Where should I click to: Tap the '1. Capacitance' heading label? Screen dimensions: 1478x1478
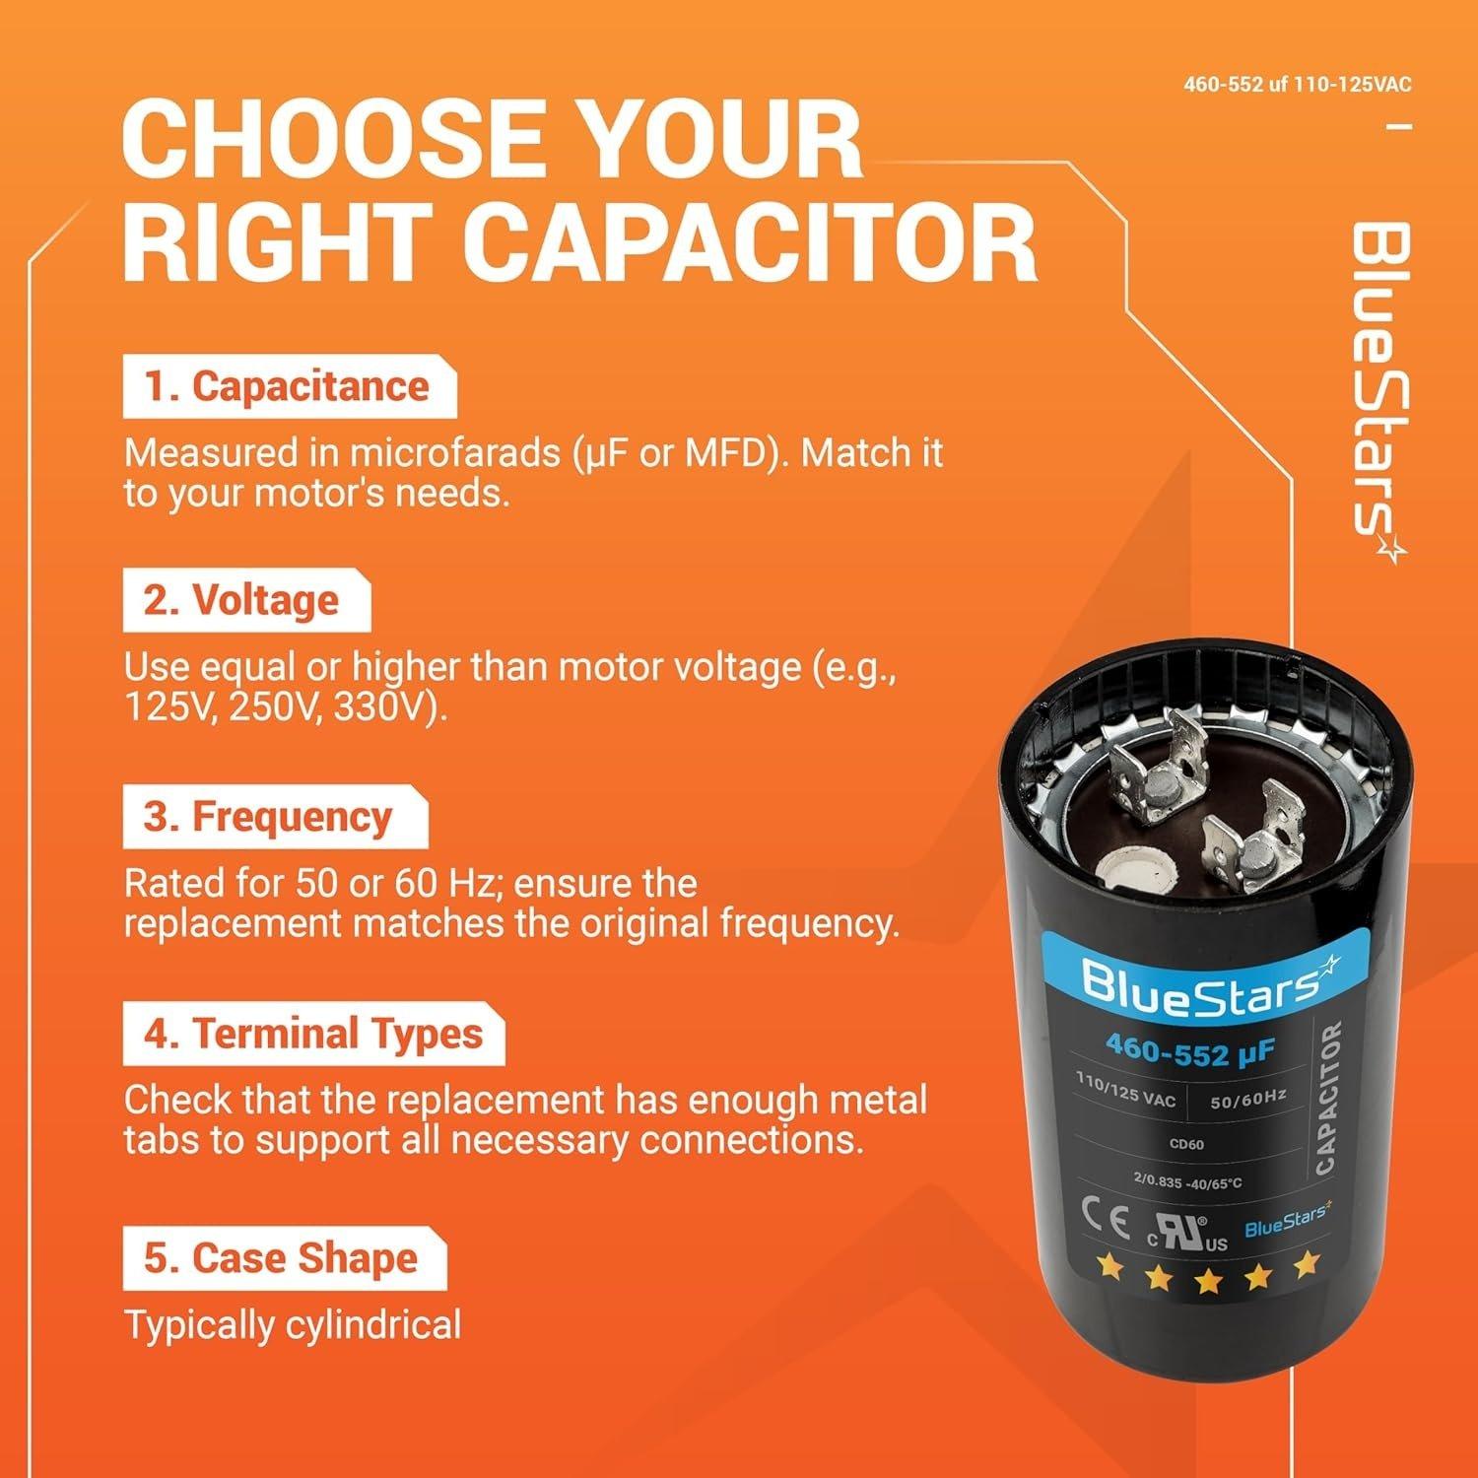point(288,386)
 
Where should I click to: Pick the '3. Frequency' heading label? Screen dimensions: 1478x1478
point(268,817)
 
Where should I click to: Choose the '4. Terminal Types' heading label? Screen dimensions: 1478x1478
point(313,1034)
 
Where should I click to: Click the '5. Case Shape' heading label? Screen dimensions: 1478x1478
point(282,1258)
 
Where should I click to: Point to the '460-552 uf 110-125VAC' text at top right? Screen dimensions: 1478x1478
point(1297,85)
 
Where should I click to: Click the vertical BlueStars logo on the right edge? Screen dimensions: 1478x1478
point(1377,394)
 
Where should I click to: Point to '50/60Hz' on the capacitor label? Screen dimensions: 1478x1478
point(1247,1099)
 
